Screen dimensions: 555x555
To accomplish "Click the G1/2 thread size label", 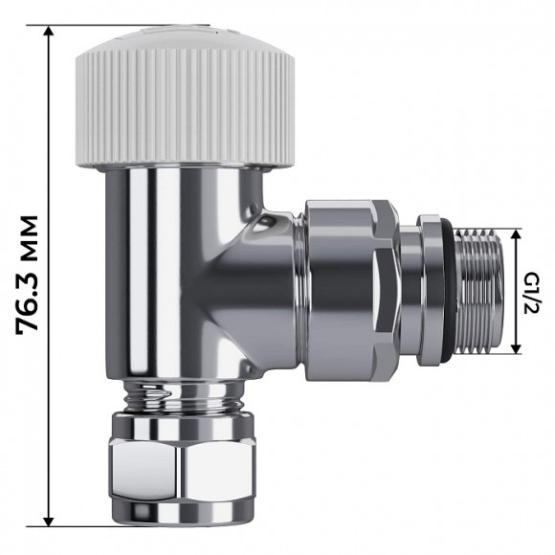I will pos(533,290).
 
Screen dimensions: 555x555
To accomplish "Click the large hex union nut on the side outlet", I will pos(350,290).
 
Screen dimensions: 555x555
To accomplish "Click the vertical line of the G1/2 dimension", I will pos(518,290).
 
